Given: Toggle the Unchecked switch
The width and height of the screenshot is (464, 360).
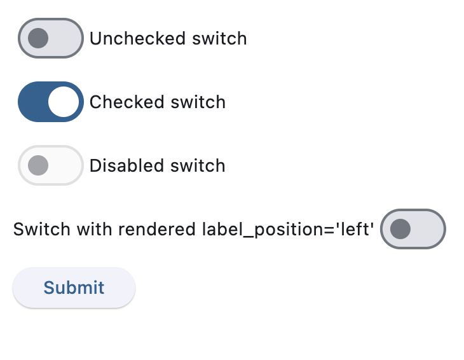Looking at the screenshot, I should (x=51, y=38).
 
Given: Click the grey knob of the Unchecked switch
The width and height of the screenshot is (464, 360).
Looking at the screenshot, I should (x=39, y=38).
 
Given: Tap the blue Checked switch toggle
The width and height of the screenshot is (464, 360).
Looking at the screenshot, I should (x=51, y=102).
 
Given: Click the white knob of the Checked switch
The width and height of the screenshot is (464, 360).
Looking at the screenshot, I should (x=64, y=102).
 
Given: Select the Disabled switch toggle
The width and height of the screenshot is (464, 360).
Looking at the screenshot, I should (x=51, y=165).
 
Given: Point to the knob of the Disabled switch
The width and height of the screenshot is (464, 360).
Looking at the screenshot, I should (x=39, y=165).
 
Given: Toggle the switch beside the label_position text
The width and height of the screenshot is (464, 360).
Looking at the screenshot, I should (x=413, y=229).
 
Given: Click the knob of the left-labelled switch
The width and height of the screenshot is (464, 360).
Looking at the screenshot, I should (x=400, y=229).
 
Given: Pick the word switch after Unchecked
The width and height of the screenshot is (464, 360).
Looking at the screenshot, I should (x=219, y=39).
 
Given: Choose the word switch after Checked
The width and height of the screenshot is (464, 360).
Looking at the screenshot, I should (x=198, y=102).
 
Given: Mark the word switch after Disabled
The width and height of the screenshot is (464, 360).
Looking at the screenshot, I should (x=197, y=166).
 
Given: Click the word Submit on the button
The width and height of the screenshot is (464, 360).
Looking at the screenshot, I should (x=74, y=287).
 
